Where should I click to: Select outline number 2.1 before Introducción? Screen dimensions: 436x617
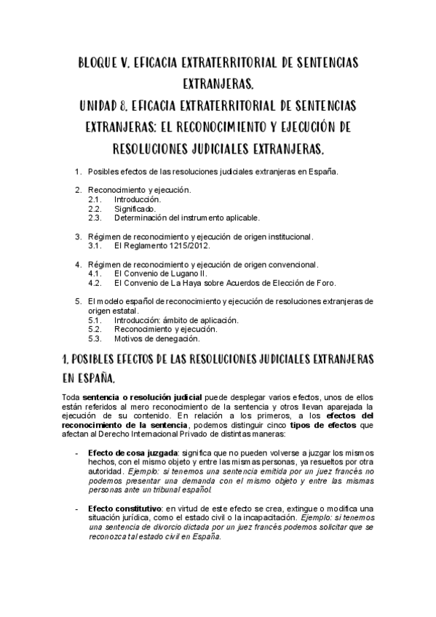pyautogui.click(x=95, y=199)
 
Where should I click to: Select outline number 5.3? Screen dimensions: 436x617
pyautogui.click(x=95, y=338)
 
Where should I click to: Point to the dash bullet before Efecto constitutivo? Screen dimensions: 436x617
pyautogui.click(x=78, y=508)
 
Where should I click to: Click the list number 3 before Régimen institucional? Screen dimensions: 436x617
pyautogui.click(x=79, y=236)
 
